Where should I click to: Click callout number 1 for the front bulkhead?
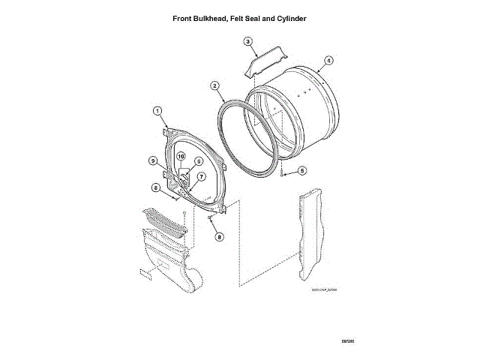157,111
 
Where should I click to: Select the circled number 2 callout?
215,86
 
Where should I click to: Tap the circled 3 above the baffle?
247,41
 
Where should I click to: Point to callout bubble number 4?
328,60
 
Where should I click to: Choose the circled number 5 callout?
301,171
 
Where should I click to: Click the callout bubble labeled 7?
201,176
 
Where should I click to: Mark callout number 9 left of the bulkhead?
151,160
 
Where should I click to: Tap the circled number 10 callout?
181,156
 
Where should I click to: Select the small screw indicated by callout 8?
209,218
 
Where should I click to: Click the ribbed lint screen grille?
163,222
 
